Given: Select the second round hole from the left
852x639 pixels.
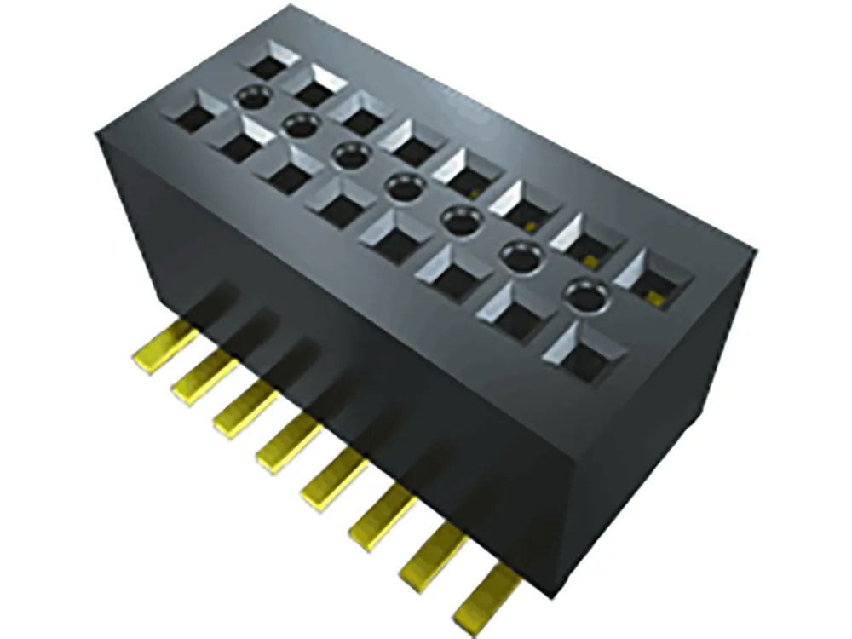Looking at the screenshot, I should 297,125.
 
